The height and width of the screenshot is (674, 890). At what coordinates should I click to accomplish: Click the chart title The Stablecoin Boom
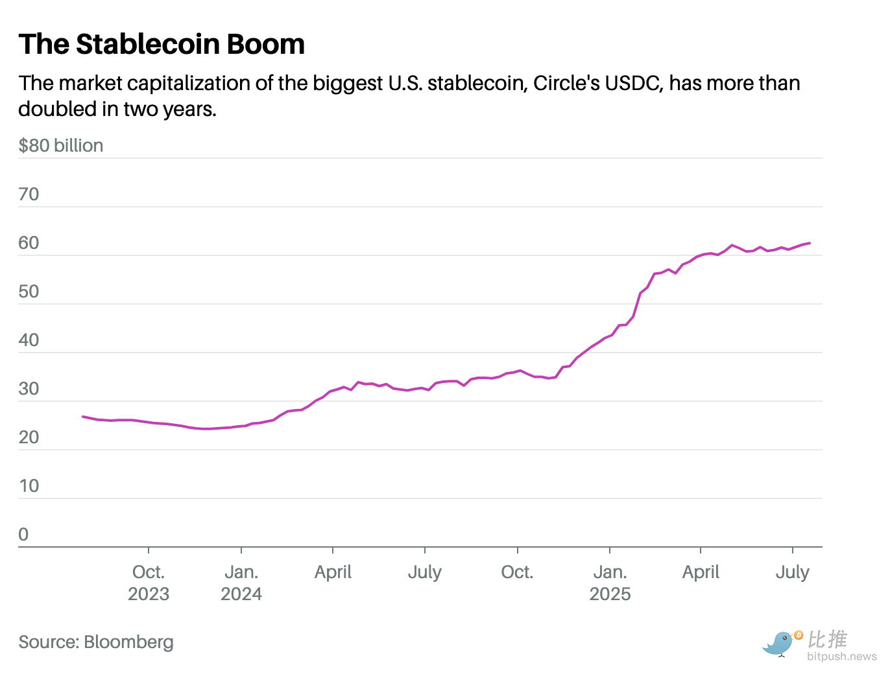162,45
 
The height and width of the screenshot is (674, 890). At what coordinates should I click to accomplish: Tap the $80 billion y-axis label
61,145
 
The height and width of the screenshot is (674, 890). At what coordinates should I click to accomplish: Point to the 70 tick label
29,194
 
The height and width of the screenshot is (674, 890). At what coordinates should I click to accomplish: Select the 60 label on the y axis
29,242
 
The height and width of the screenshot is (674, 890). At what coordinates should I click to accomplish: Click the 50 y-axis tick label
29,291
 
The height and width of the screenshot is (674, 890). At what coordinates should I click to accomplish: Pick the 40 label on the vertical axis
29,340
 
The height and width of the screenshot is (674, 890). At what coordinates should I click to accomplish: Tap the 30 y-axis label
29,388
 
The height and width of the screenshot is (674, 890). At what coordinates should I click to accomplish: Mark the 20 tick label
29,437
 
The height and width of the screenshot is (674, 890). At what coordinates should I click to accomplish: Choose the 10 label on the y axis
29,485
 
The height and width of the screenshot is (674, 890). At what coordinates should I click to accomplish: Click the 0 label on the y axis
24,534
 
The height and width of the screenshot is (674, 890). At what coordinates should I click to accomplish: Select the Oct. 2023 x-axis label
149,583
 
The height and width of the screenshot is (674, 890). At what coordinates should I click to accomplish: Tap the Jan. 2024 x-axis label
241,583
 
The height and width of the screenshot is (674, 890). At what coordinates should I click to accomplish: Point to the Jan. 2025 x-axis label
610,583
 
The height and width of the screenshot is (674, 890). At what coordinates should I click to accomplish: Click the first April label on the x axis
333,572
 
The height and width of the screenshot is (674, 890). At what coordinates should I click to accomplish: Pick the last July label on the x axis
793,572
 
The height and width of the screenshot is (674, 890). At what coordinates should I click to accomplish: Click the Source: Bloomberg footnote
96,642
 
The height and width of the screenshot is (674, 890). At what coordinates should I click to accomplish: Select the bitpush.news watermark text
842,657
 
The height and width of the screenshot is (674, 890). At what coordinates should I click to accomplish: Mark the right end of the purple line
810,243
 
